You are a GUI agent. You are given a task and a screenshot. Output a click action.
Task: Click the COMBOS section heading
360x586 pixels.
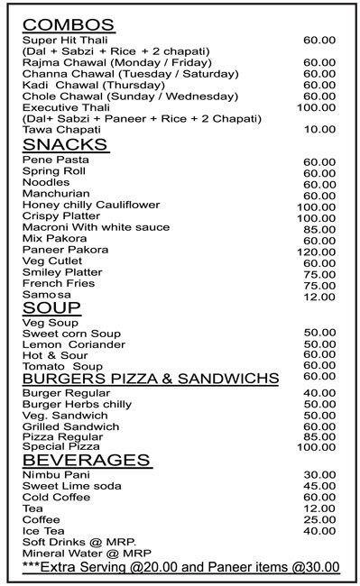[x=69, y=24]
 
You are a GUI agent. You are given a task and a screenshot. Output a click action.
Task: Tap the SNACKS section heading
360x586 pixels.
[x=65, y=145]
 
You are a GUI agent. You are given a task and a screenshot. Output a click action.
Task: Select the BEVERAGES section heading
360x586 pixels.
[x=86, y=460]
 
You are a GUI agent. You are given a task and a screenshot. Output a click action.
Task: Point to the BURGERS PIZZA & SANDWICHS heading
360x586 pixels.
[x=150, y=379]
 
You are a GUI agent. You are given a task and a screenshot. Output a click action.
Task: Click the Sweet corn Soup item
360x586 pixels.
[x=71, y=334]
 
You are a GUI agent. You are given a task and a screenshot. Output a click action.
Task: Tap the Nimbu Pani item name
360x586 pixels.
[x=56, y=476]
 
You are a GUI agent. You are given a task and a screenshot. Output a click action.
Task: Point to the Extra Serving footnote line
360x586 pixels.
[x=180, y=567]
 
